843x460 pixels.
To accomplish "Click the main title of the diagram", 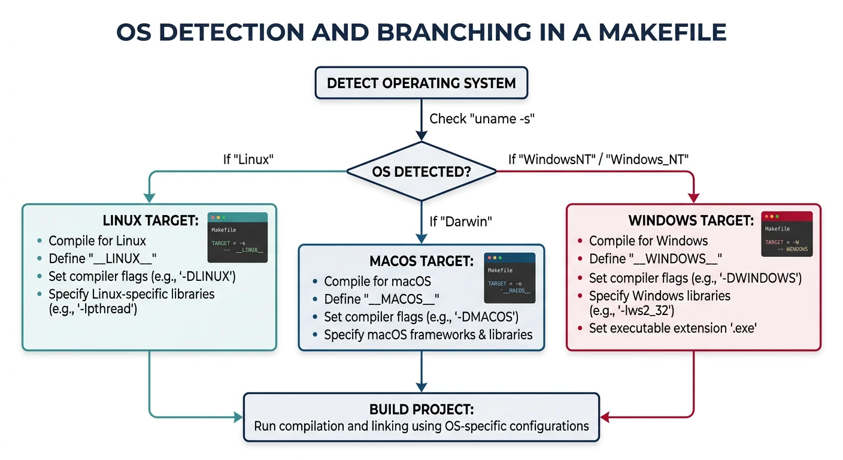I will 421,32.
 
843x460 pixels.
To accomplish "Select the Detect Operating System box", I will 421,83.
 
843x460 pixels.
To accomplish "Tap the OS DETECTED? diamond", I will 421,172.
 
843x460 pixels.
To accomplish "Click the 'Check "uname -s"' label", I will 481,119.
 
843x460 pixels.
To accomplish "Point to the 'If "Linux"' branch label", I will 248,159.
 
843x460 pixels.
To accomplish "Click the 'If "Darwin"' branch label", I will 460,221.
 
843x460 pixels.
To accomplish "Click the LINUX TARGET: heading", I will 150,221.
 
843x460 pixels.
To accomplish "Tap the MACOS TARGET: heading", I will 421,261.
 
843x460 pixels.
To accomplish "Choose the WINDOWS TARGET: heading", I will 691,221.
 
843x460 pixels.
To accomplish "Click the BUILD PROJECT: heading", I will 421,410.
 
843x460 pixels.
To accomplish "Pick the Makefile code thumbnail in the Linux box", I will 238,238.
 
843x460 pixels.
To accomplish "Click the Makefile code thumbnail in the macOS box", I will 510,277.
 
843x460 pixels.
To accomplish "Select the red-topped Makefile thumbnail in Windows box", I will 786,234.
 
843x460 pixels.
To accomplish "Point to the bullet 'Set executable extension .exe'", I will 672,328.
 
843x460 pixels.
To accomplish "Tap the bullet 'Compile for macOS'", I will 377,282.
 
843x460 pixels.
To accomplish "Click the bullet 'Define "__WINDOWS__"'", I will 655,259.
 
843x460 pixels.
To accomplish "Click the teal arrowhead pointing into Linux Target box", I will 148,198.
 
